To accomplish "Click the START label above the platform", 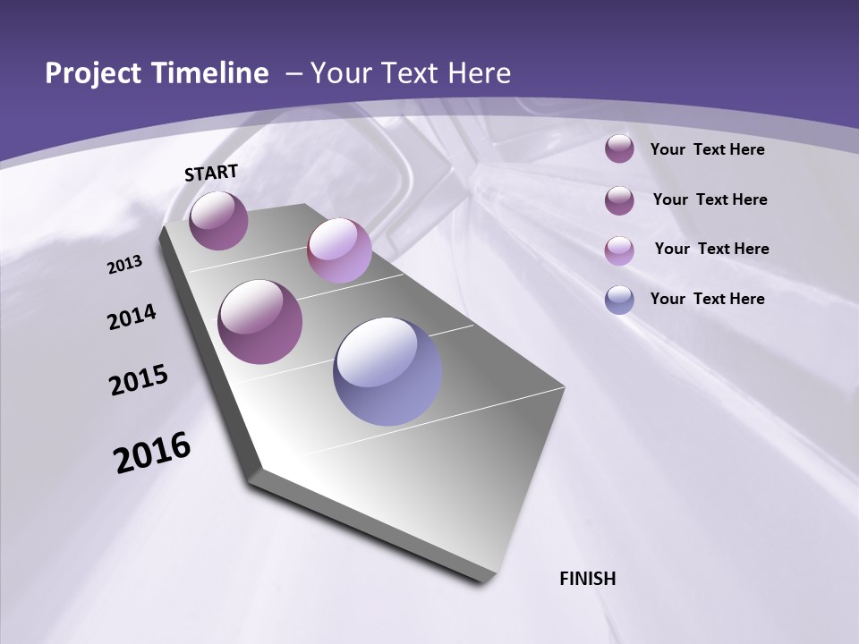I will pyautogui.click(x=211, y=173).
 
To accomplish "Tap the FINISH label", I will pyautogui.click(x=588, y=579).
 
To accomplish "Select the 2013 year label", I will pyautogui.click(x=124, y=265).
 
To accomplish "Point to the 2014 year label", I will pyautogui.click(x=132, y=318).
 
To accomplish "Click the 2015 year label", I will pyautogui.click(x=139, y=380).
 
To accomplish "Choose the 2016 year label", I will pyautogui.click(x=152, y=453).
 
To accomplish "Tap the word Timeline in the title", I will pyautogui.click(x=211, y=73).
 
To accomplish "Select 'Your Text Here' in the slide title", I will pyautogui.click(x=411, y=73).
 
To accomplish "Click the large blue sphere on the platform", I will pyautogui.click(x=387, y=371).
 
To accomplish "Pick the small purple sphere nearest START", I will pyautogui.click(x=218, y=220).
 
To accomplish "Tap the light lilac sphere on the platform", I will pyautogui.click(x=339, y=250).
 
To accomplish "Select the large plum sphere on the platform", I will pyautogui.click(x=259, y=322).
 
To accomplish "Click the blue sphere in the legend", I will pyautogui.click(x=619, y=300).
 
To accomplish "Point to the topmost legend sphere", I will pyautogui.click(x=619, y=149).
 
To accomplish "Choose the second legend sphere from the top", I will pyautogui.click(x=619, y=200).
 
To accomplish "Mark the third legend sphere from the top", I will pyautogui.click(x=619, y=250).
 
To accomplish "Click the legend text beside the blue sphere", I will pyautogui.click(x=707, y=299).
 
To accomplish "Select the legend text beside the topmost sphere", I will pyautogui.click(x=707, y=149).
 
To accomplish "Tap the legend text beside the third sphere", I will pyautogui.click(x=711, y=249).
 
